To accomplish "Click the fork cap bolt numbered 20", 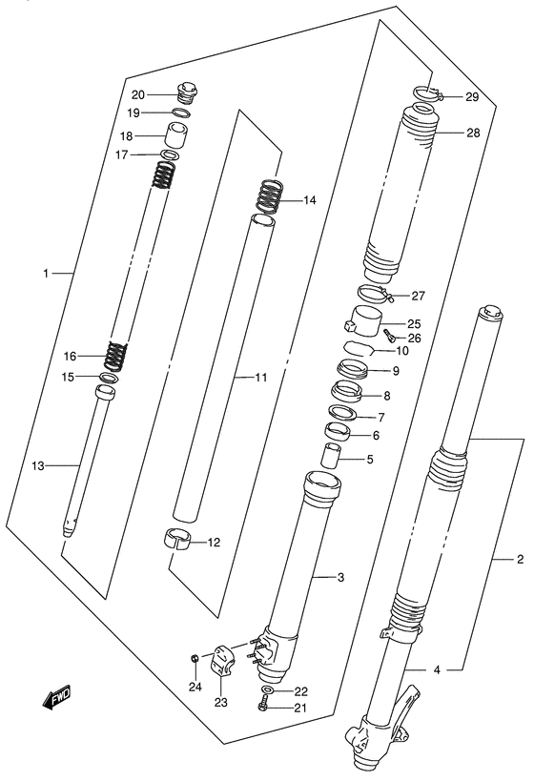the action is click(186, 94).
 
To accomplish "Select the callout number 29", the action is click(472, 97).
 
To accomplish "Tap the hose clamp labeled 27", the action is click(375, 294).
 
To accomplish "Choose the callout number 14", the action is click(309, 200).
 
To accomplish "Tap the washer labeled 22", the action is click(268, 689).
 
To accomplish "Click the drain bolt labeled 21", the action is click(262, 706).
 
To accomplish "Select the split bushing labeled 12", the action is click(177, 539).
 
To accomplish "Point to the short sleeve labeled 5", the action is click(330, 455).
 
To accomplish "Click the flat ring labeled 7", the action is click(343, 412).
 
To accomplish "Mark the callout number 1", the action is click(46, 273).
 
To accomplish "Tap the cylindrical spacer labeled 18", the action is click(176, 135).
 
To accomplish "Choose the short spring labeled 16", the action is click(115, 355).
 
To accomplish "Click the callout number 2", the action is click(520, 559).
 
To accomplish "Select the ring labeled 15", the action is click(110, 377).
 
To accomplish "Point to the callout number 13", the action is click(38, 466).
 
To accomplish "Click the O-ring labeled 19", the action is click(182, 113).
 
